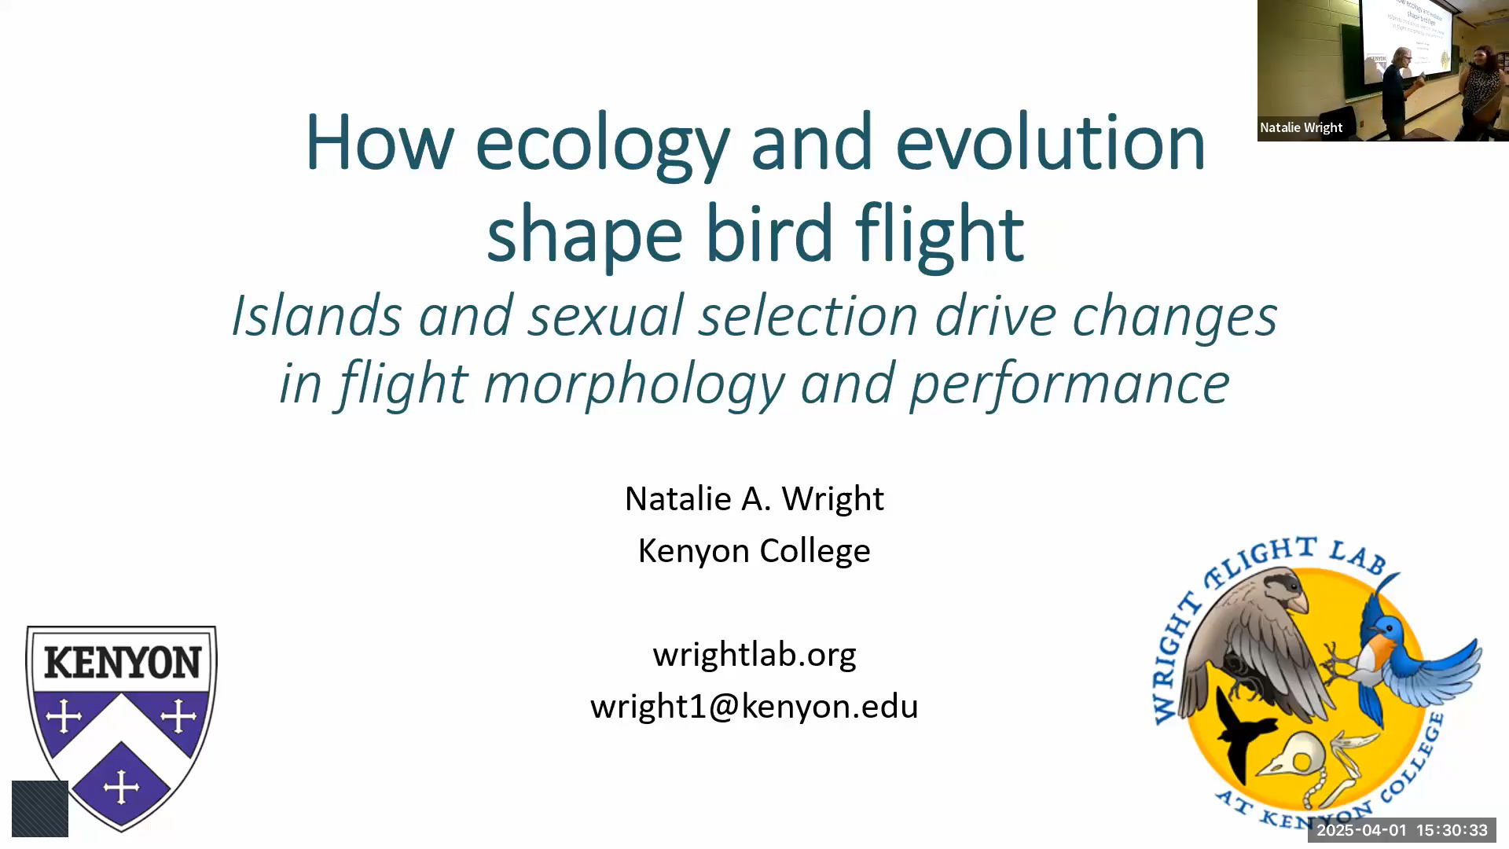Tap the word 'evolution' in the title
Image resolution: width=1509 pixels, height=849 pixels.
(1050, 141)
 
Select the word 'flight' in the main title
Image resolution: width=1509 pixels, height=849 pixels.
(939, 234)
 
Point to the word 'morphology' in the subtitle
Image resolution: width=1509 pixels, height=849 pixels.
(633, 384)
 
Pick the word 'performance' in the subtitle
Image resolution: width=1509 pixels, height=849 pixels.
(1070, 384)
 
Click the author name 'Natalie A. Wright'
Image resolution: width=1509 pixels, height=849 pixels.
(754, 498)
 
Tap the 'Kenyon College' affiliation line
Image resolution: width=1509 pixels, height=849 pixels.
(754, 550)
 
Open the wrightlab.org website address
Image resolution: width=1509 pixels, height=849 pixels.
(754, 654)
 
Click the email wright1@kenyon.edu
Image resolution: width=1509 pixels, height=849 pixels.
(754, 706)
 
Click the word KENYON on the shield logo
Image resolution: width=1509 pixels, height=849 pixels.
(122, 663)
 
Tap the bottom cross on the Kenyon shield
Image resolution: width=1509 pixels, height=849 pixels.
(121, 786)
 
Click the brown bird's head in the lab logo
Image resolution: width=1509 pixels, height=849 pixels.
(1280, 590)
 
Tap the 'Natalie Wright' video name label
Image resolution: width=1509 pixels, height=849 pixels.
(1301, 127)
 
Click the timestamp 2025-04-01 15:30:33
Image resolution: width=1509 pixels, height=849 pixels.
(1402, 830)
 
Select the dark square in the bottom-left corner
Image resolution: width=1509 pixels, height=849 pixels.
(40, 809)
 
